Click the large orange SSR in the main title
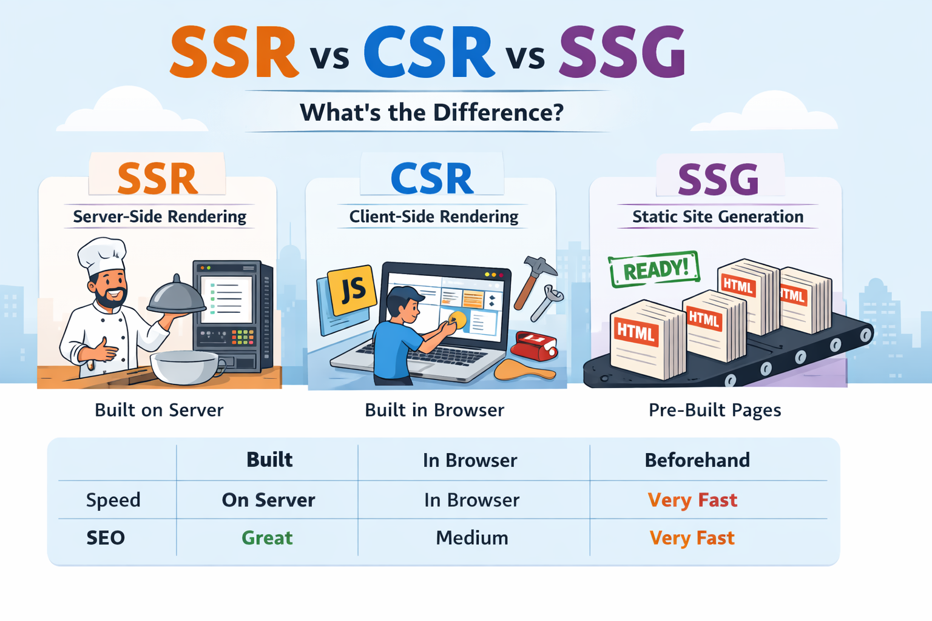tap(234, 52)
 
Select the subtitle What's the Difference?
tap(431, 112)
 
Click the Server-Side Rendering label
tap(160, 217)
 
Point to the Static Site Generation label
tap(718, 217)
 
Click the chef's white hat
tap(102, 255)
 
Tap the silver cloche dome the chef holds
tap(177, 295)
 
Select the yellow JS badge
tap(351, 290)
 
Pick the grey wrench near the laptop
tap(547, 303)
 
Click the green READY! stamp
tap(654, 269)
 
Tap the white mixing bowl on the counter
tap(184, 367)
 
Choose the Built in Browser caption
tap(434, 410)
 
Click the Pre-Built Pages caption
tap(715, 411)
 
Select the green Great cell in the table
tap(267, 538)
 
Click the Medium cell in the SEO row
tap(472, 538)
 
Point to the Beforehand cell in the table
tap(697, 460)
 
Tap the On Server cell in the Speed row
tap(268, 500)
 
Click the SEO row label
tap(106, 538)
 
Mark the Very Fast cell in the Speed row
tap(692, 500)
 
